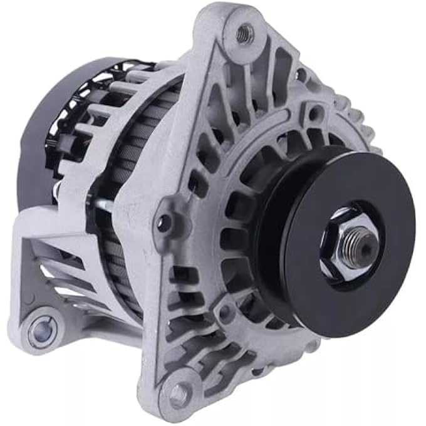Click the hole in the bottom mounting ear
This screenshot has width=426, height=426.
point(179,393)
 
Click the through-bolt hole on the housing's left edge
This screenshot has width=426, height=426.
point(165,221)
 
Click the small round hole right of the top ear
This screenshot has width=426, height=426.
point(301,76)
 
